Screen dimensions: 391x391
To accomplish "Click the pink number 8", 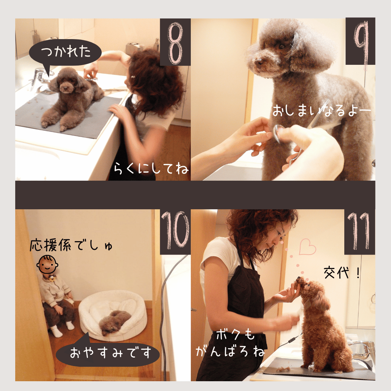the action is (x=175, y=43).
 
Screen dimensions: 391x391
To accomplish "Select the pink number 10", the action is (x=175, y=230).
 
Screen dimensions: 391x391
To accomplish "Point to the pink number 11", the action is (x=358, y=231).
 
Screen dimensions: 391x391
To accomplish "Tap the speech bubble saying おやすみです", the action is (x=108, y=352).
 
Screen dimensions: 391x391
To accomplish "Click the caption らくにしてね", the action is (x=151, y=169).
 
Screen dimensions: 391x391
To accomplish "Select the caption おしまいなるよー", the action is (x=322, y=110).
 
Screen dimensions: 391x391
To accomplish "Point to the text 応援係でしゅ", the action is (x=71, y=245).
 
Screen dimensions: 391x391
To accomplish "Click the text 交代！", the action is (x=342, y=273).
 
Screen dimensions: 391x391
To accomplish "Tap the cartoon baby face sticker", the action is (x=47, y=265).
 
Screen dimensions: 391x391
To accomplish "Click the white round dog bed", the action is (x=113, y=315).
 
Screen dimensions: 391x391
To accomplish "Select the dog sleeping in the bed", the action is (x=114, y=322).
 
